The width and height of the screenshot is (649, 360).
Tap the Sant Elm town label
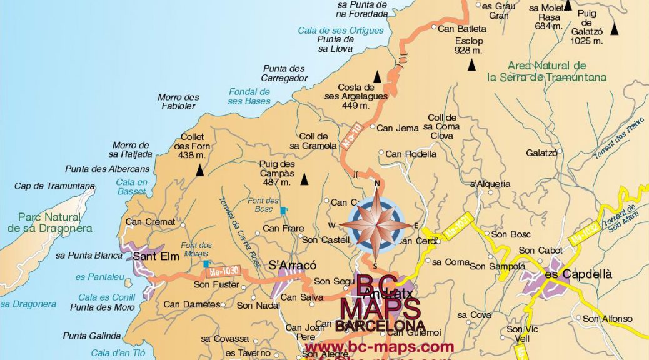(160, 256)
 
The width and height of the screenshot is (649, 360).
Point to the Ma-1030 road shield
(223, 271)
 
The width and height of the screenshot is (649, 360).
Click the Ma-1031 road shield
(458, 229)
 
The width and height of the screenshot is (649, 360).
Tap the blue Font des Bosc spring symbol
(284, 211)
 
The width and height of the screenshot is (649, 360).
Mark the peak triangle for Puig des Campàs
(304, 179)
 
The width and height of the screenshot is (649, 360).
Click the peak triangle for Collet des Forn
(199, 169)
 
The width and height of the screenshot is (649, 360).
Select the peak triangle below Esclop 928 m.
(472, 64)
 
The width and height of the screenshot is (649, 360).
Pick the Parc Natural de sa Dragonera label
(50, 222)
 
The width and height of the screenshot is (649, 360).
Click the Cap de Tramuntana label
(55, 186)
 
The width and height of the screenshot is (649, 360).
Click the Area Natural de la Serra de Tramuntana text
(547, 72)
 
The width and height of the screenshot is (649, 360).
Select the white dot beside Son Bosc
(486, 234)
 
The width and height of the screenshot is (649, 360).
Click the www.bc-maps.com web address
(380, 347)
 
